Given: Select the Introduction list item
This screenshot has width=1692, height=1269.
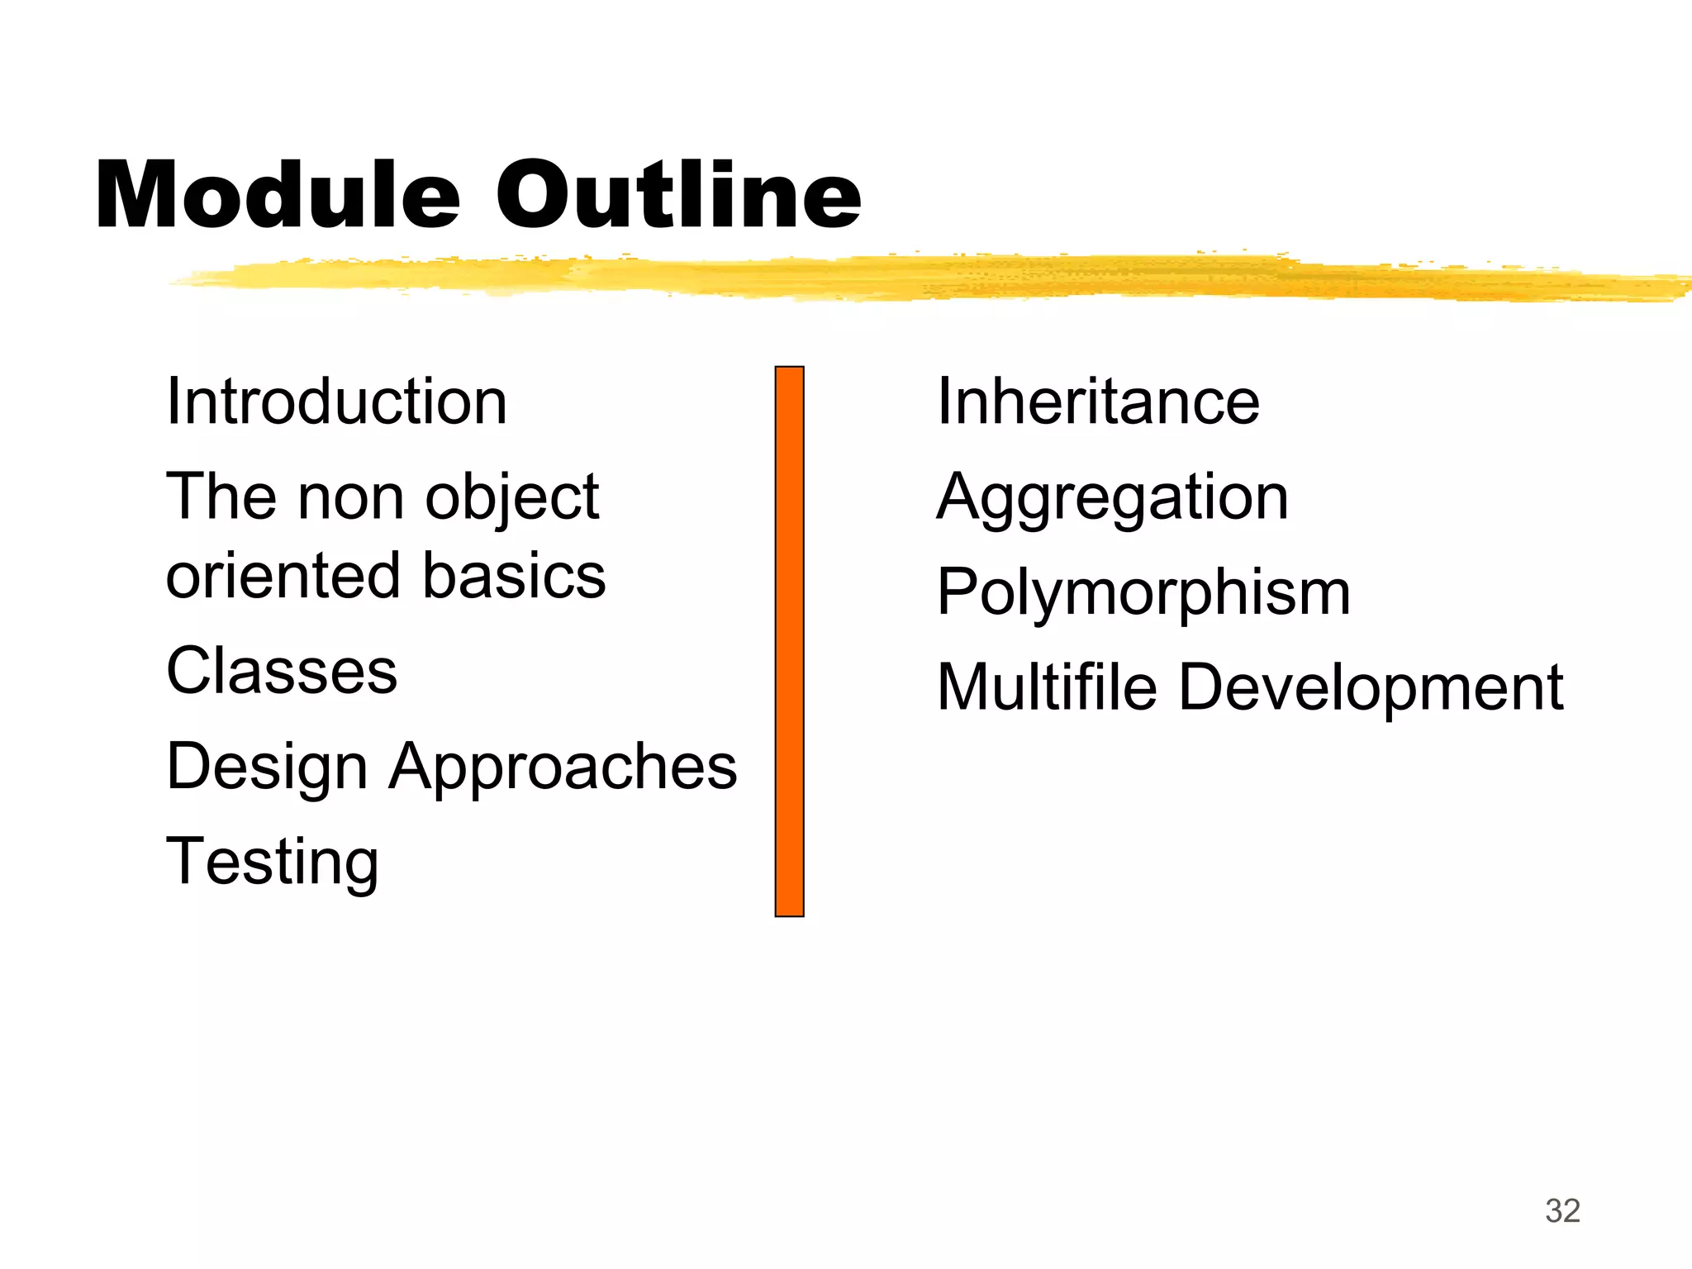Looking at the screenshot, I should tap(336, 402).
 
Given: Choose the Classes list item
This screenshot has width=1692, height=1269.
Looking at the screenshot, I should tap(282, 671).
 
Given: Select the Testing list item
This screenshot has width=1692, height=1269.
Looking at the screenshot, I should tap(273, 863).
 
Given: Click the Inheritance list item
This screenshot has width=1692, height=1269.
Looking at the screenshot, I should tap(1098, 402).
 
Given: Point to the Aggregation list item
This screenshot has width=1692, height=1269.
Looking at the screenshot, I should tap(1112, 499).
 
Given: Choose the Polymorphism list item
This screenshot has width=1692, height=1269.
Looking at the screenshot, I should tap(1143, 594).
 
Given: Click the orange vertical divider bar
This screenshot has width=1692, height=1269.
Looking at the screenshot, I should tap(789, 641).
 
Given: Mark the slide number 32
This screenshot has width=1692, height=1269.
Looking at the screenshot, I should tap(1562, 1211).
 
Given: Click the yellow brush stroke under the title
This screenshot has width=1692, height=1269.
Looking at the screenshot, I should tap(909, 278).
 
